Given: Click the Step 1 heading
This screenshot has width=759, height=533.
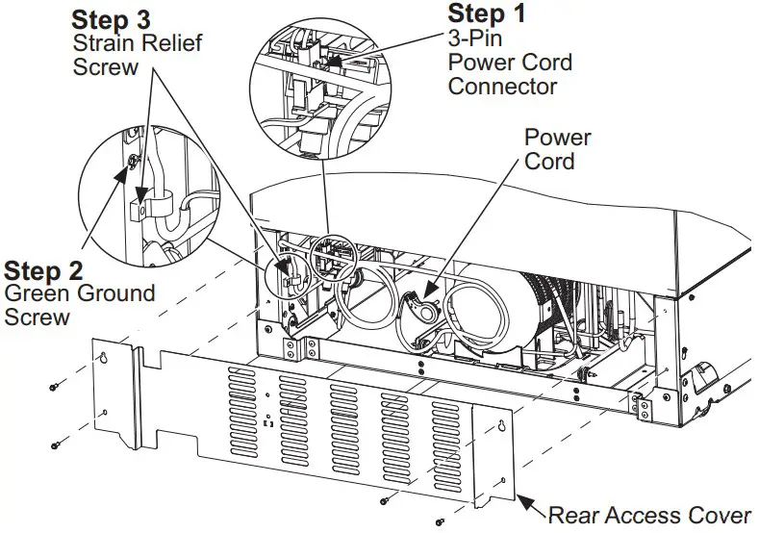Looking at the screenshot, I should pyautogui.click(x=490, y=15).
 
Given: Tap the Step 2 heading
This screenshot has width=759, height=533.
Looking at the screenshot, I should pyautogui.click(x=43, y=271).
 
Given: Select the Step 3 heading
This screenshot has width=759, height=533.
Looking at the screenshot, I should pyautogui.click(x=113, y=19).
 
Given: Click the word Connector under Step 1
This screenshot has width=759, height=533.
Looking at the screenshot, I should pyautogui.click(x=503, y=87).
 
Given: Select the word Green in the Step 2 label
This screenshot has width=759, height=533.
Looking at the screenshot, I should pyautogui.click(x=36, y=294).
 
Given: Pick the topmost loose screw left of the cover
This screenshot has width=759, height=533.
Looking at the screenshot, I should pyautogui.click(x=54, y=387).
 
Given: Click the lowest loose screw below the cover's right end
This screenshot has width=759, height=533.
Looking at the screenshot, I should pyautogui.click(x=439, y=520).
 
